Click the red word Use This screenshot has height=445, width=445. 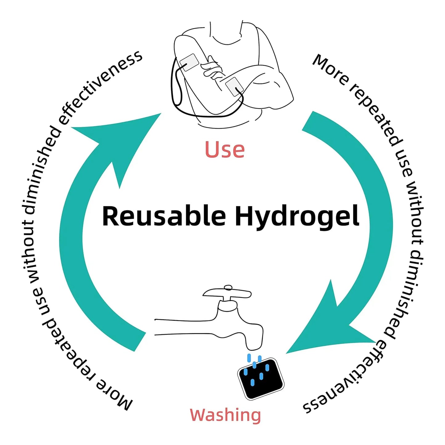[x=224, y=149]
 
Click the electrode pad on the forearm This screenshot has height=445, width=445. [x=234, y=87]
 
